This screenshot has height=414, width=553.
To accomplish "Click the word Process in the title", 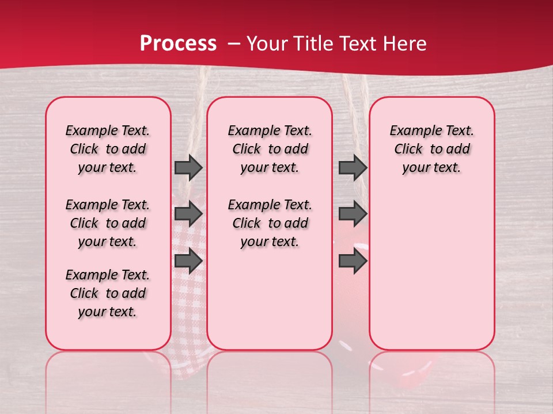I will pyautogui.click(x=178, y=44).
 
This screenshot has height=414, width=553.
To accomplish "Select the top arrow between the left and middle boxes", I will pyautogui.click(x=188, y=167).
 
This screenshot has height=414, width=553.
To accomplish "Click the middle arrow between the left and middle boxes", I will pyautogui.click(x=188, y=214).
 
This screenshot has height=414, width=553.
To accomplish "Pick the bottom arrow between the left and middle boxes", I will pyautogui.click(x=188, y=261).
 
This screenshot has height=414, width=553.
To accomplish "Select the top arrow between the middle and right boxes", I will pyautogui.click(x=353, y=167).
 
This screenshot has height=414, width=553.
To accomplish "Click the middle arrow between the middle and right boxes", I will pyautogui.click(x=353, y=214).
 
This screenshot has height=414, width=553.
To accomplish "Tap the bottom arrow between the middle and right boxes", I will pyautogui.click(x=353, y=261).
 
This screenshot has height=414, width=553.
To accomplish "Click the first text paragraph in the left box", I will pyautogui.click(x=108, y=149).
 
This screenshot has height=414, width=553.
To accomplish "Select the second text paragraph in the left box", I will pyautogui.click(x=108, y=223).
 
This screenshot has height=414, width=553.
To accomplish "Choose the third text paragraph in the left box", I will pyautogui.click(x=108, y=293).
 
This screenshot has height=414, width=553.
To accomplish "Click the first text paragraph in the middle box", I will pyautogui.click(x=270, y=149).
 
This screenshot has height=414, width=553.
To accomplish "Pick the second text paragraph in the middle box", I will pyautogui.click(x=270, y=223).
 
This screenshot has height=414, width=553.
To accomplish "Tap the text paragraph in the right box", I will pyautogui.click(x=431, y=149).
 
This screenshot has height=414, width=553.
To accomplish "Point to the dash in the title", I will pyautogui.click(x=234, y=44).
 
